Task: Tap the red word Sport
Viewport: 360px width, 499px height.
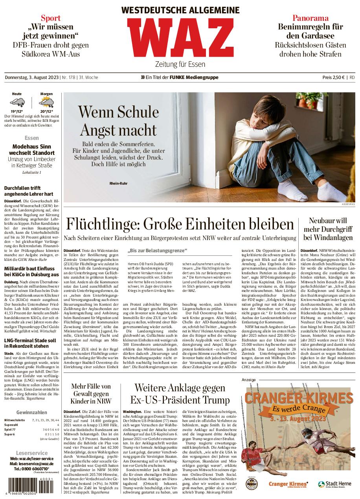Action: (x=51, y=18)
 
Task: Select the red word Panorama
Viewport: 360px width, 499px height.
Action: (x=310, y=18)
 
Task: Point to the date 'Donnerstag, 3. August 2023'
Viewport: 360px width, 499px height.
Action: (x=31, y=77)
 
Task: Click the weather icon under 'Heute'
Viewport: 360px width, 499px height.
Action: (x=17, y=103)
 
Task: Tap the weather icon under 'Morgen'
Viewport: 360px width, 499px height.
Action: (x=46, y=103)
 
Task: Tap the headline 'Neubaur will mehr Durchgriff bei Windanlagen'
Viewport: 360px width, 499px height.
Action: (x=328, y=229)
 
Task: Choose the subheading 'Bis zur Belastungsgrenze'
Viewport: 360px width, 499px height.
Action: (x=158, y=251)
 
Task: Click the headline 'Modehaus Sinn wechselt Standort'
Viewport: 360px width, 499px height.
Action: (x=32, y=149)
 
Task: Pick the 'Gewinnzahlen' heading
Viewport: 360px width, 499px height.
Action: (x=32, y=412)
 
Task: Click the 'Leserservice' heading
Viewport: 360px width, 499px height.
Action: (x=32, y=453)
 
